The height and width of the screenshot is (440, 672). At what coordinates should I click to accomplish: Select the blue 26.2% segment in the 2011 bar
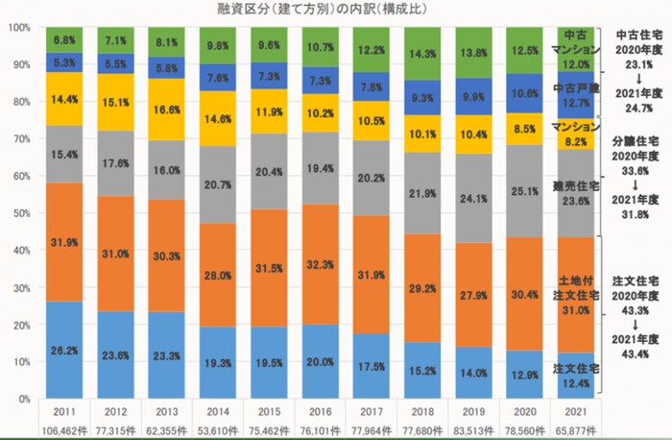coord(65,351)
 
